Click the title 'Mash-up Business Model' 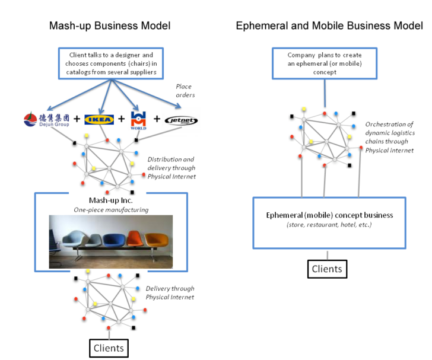point(111,26)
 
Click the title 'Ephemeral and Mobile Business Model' point(329,26)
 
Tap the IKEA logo point(98,120)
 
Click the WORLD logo point(138,119)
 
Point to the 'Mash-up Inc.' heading point(111,200)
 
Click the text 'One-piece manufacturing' point(111,209)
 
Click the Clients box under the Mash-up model point(107,348)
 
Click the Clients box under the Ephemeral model point(327,269)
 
